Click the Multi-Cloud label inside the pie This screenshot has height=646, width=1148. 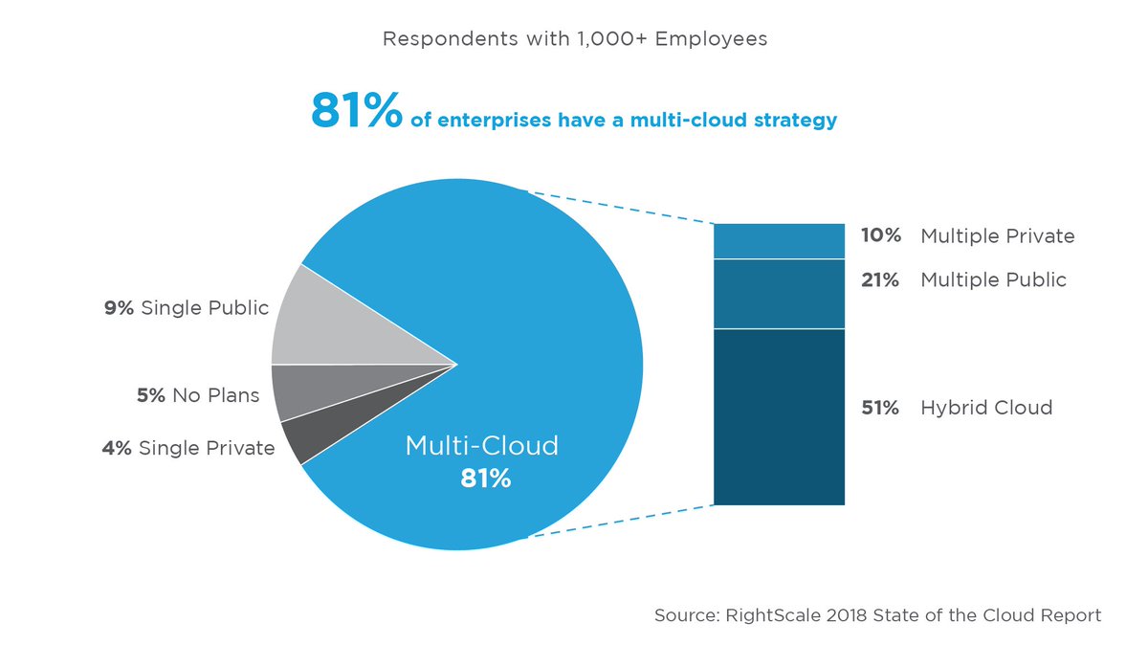pyautogui.click(x=481, y=445)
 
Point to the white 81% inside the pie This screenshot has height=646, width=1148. pyautogui.click(x=485, y=479)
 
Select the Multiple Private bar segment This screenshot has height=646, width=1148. pyautogui.click(x=779, y=241)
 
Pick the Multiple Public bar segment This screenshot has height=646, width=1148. pyautogui.click(x=779, y=294)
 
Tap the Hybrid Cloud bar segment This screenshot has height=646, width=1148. pyautogui.click(x=779, y=416)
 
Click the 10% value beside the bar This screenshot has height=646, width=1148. pyautogui.click(x=880, y=235)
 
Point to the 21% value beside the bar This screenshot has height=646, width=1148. pyautogui.click(x=880, y=280)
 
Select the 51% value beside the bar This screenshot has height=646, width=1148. pyautogui.click(x=880, y=408)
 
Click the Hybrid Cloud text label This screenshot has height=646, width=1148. pyautogui.click(x=986, y=408)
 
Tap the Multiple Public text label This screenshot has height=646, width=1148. pyautogui.click(x=993, y=280)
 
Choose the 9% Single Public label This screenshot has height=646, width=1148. pyautogui.click(x=187, y=308)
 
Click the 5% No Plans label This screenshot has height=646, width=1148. pyautogui.click(x=198, y=395)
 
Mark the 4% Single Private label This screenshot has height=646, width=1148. pyautogui.click(x=188, y=448)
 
